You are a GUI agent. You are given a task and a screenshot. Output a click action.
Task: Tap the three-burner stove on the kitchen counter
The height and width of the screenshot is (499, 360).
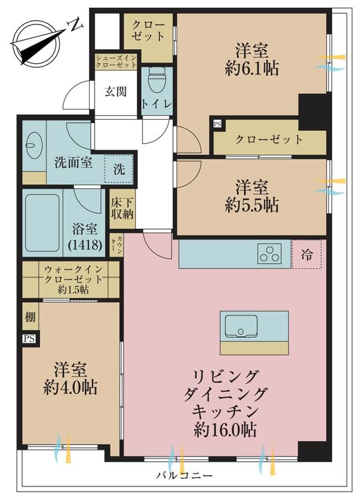coord(270,254)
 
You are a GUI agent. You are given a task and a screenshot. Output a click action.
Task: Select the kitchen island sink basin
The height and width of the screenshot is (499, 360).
coord(242,326)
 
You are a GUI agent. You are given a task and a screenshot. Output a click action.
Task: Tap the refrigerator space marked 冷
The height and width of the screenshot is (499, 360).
coord(307,254)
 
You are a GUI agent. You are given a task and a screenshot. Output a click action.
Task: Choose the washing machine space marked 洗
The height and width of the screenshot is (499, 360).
coord(119,169)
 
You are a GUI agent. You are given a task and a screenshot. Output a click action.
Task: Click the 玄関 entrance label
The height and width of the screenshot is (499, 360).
coord(116,92)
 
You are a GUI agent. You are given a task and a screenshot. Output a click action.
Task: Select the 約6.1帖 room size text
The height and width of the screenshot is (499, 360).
coord(252,69)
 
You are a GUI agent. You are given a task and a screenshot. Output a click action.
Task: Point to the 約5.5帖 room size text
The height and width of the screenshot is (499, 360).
coord(252,206)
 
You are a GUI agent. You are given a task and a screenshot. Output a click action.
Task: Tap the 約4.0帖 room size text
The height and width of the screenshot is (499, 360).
coord(71,387)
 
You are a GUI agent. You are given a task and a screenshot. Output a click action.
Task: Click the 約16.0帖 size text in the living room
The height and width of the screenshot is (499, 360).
coord(225,430)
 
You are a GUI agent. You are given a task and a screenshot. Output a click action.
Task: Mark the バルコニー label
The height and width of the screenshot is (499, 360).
coord(184,476)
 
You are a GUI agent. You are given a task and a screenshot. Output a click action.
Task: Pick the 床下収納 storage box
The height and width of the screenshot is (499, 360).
coord(122,209)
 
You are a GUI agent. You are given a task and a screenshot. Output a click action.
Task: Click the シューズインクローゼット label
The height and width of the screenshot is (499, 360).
coord(116,61)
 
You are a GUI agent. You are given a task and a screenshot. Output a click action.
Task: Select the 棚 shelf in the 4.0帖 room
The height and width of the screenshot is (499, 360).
coord(30,317)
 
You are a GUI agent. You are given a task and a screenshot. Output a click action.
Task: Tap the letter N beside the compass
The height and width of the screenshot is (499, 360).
coord(76,25)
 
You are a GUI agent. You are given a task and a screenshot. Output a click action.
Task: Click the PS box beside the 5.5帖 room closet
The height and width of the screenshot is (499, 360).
coord(218,124)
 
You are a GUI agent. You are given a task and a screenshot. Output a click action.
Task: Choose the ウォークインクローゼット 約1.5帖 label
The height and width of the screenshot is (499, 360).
coord(73,279)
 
